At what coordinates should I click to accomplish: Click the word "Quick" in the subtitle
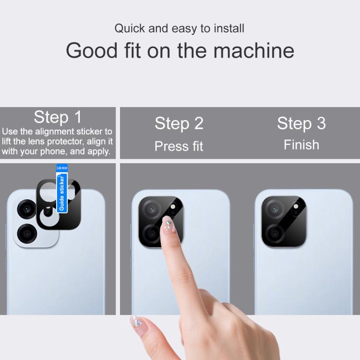click(130, 29)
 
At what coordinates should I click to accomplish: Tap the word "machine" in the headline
click(254, 50)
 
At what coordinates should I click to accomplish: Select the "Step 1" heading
click(58, 117)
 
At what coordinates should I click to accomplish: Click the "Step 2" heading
click(179, 123)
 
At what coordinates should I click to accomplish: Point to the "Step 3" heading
click(301, 123)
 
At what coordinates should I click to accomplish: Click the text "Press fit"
click(179, 146)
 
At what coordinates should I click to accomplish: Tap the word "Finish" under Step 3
click(301, 145)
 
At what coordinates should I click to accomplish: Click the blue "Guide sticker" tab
click(62, 189)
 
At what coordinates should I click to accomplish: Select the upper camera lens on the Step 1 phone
click(26, 209)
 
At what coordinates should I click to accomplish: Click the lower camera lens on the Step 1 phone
click(27, 234)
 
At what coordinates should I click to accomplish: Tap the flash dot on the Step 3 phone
click(296, 206)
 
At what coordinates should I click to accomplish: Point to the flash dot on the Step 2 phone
click(173, 206)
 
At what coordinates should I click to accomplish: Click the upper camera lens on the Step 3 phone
click(275, 209)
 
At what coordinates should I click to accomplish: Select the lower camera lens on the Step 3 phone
click(275, 234)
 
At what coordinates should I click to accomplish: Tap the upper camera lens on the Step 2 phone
click(152, 209)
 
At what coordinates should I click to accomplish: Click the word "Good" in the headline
click(92, 50)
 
